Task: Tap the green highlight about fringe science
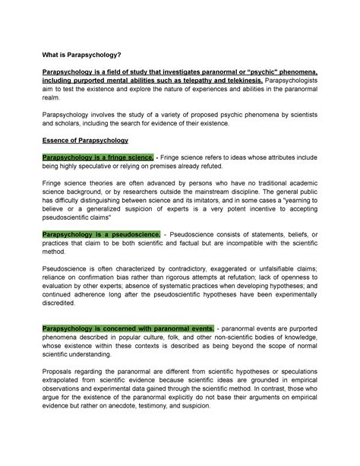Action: click(x=90, y=156)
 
